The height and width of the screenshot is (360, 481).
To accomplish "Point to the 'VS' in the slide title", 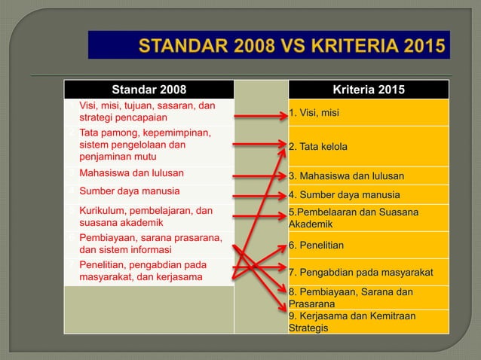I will (x=269, y=44).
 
